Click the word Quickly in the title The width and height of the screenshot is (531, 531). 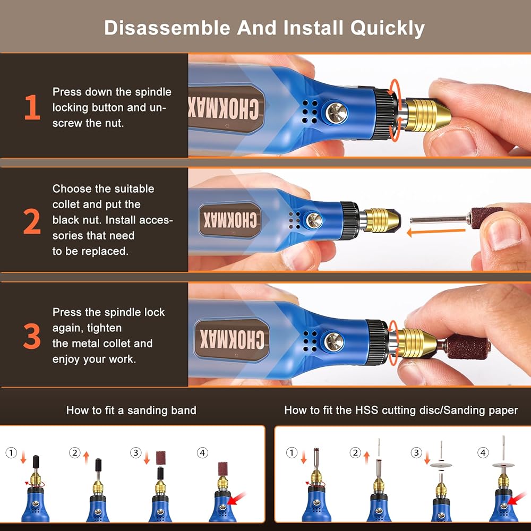click(388, 28)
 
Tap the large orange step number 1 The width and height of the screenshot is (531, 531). click(32, 107)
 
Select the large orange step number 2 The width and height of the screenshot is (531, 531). click(32, 221)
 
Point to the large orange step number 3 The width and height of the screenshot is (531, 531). click(32, 336)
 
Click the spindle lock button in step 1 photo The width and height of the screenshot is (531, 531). click(336, 113)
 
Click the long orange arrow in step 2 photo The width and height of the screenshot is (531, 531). click(436, 232)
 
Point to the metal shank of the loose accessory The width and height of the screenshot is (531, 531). click(439, 220)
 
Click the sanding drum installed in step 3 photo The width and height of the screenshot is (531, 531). click(467, 346)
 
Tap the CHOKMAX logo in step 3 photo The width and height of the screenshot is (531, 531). click(232, 340)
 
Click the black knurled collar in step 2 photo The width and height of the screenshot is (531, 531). click(349, 220)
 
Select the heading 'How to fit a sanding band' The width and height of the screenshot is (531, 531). click(131, 410)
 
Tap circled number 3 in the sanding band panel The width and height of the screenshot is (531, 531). click(136, 453)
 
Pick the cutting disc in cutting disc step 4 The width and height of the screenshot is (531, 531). click(503, 465)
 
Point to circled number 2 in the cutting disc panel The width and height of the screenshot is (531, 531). click(355, 453)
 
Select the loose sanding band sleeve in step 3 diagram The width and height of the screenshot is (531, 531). click(160, 458)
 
